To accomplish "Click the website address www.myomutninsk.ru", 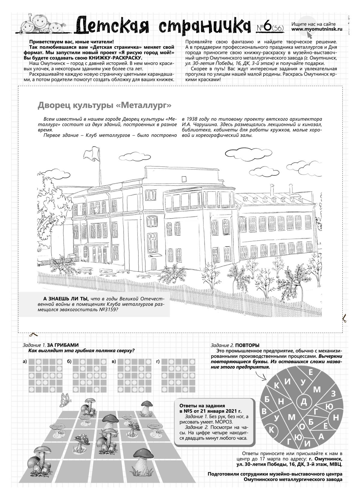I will click(317, 29).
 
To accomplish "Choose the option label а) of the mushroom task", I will click(25, 361).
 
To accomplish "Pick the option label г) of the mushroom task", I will click(158, 361).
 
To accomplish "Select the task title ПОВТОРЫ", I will click(247, 345).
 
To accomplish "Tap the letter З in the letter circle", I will click(333, 393).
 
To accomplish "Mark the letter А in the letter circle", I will click(321, 436).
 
